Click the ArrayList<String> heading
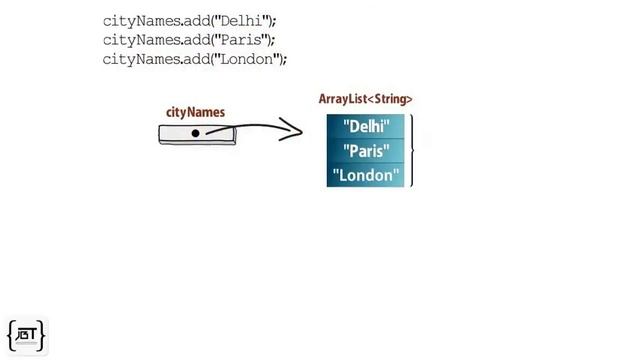pyautogui.click(x=365, y=99)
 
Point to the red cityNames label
pyautogui.click(x=195, y=113)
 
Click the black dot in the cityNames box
pyautogui.click(x=196, y=133)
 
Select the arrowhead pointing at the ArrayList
pyautogui.click(x=292, y=129)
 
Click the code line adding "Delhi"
pyautogui.click(x=189, y=20)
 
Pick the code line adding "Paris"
pyautogui.click(x=189, y=39)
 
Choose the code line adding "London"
pyautogui.click(x=195, y=58)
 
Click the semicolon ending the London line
pyautogui.click(x=285, y=59)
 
